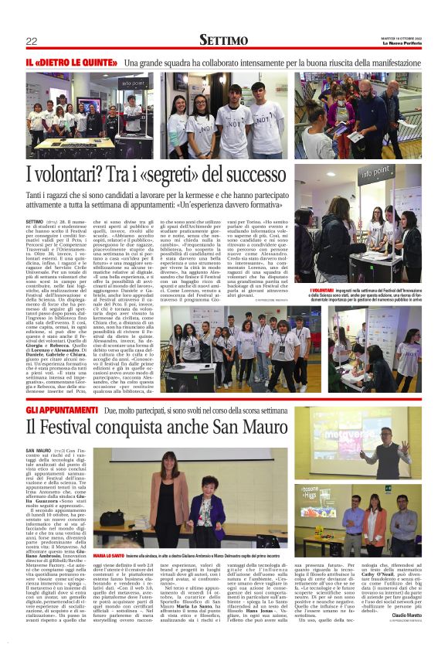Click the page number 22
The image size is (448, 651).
click(32, 41)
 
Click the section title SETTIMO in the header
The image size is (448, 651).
click(224, 39)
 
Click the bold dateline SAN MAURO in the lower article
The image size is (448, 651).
click(39, 450)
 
